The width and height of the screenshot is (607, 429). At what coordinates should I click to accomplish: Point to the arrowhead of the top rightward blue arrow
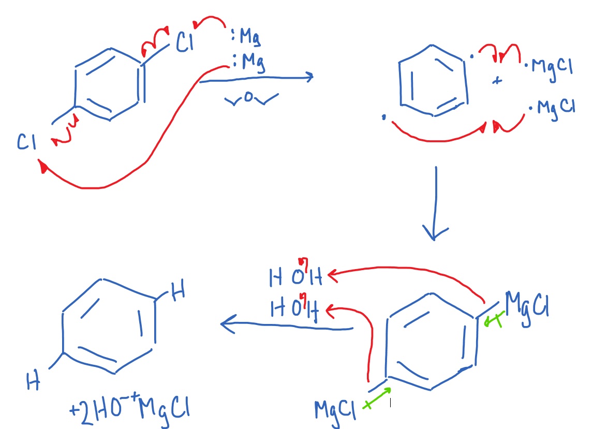[x=309, y=78]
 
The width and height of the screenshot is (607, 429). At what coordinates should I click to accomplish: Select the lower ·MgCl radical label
[x=552, y=108]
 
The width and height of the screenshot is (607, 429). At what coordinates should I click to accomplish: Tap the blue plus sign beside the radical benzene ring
[x=498, y=81]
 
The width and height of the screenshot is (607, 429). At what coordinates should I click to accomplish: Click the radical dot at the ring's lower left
[x=383, y=118]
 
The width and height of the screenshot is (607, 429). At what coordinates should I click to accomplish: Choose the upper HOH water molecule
[x=295, y=277]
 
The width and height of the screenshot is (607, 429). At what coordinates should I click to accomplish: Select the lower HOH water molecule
[x=295, y=309]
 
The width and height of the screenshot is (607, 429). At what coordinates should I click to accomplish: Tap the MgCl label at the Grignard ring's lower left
[x=335, y=411]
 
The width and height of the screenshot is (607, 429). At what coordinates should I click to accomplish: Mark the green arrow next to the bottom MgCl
[x=377, y=398]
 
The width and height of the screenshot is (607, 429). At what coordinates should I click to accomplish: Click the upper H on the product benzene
[x=178, y=293]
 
